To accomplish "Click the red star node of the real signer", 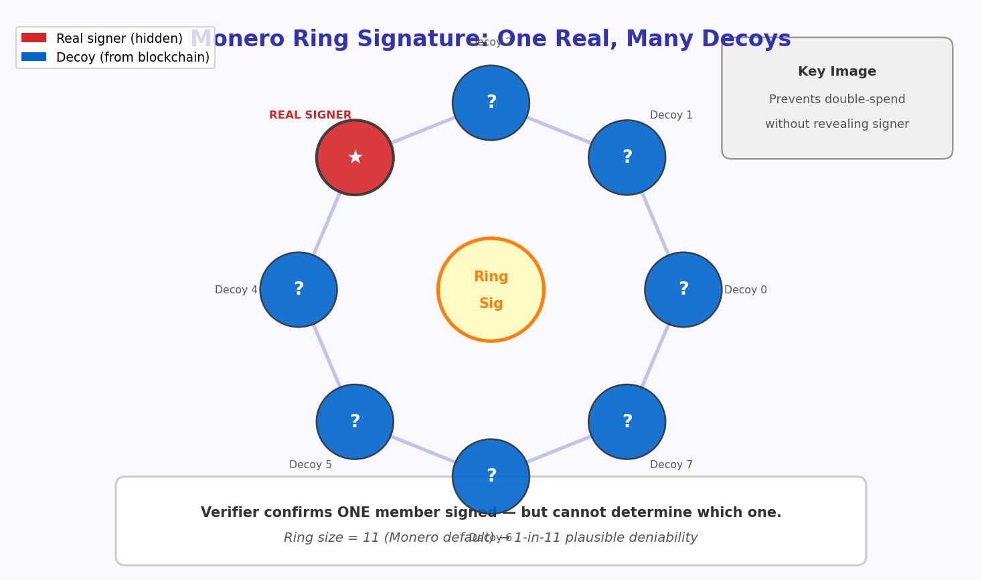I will [355, 158].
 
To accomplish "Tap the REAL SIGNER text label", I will [310, 115].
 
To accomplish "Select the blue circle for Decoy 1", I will [627, 158].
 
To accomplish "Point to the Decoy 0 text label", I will [745, 290].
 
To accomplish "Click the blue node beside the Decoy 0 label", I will [683, 290].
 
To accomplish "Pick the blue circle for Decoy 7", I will [627, 422].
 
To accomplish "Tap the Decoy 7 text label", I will [671, 465].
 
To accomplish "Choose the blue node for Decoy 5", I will [355, 422].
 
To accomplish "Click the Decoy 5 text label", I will [310, 465].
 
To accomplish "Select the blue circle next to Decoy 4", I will [299, 290].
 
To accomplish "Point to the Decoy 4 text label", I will [236, 290].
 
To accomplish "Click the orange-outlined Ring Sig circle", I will [491, 290].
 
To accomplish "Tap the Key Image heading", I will [837, 72].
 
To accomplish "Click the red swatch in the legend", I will [33, 38].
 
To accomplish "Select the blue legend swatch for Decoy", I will [33, 57].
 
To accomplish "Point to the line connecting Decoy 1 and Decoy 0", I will [655, 224].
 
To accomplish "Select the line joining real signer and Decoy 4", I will [327, 224].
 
